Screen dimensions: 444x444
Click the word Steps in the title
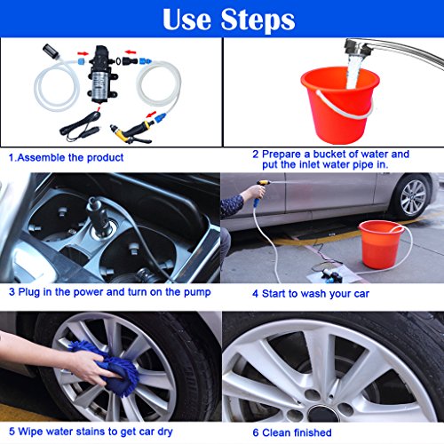pyautogui.click(x=258, y=20)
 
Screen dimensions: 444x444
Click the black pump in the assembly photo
pyautogui.click(x=100, y=74)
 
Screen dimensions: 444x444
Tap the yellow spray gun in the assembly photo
pyautogui.click(x=131, y=131)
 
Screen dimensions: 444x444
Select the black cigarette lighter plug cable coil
pyautogui.click(x=80, y=126)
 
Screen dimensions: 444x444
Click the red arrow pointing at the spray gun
pyautogui.click(x=151, y=114)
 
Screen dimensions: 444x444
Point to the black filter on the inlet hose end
pyautogui.click(x=50, y=52)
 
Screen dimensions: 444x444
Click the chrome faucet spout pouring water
pyautogui.click(x=392, y=52)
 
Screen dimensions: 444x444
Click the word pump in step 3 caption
pyautogui.click(x=197, y=293)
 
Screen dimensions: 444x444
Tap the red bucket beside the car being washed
pyautogui.click(x=381, y=244)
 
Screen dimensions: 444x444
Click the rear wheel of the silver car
pyautogui.click(x=413, y=196)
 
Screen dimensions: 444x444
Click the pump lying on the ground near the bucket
pyautogui.click(x=328, y=274)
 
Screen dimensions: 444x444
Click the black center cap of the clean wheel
pyautogui.click(x=323, y=413)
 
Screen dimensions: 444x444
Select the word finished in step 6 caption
pyautogui.click(x=313, y=432)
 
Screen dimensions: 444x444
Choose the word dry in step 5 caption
pyautogui.click(x=165, y=432)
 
